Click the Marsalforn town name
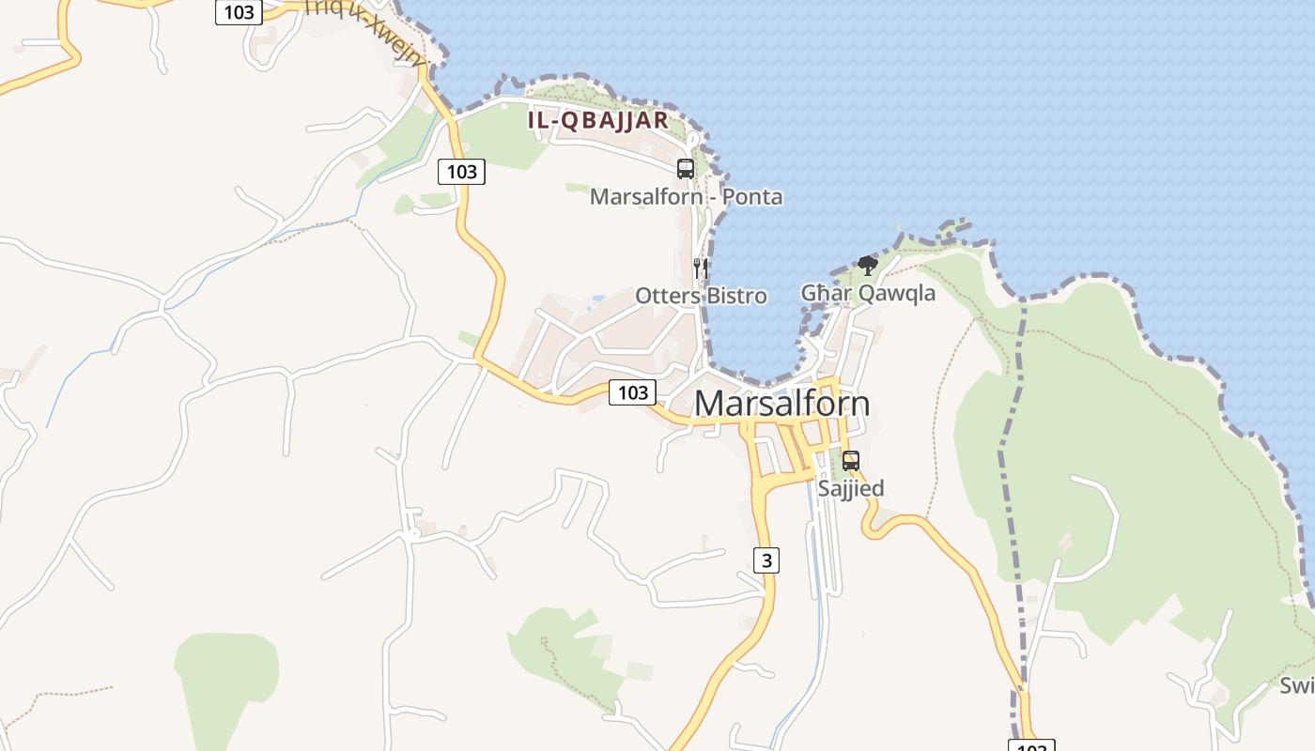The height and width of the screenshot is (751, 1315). (781, 403)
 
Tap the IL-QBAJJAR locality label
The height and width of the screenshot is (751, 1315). (598, 120)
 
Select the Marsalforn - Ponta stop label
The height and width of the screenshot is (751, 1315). (686, 197)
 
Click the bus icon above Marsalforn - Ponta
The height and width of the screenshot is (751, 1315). (686, 169)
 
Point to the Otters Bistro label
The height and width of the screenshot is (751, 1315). (701, 296)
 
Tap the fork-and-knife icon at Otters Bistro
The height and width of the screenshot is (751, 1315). (700, 268)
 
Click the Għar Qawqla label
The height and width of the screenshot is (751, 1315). (868, 293)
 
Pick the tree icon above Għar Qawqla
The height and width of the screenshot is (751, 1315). (868, 266)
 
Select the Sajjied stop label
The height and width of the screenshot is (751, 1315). (851, 488)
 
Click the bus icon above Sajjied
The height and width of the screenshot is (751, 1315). (851, 461)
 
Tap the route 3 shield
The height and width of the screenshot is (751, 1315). (767, 560)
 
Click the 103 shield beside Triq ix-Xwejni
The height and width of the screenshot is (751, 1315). (239, 12)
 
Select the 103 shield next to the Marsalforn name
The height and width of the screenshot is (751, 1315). (632, 392)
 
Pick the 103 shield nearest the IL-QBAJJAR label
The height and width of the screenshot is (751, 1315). (461, 172)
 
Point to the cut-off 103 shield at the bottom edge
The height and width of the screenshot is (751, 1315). (1031, 746)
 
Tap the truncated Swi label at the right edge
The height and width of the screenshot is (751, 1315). (1296, 685)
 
